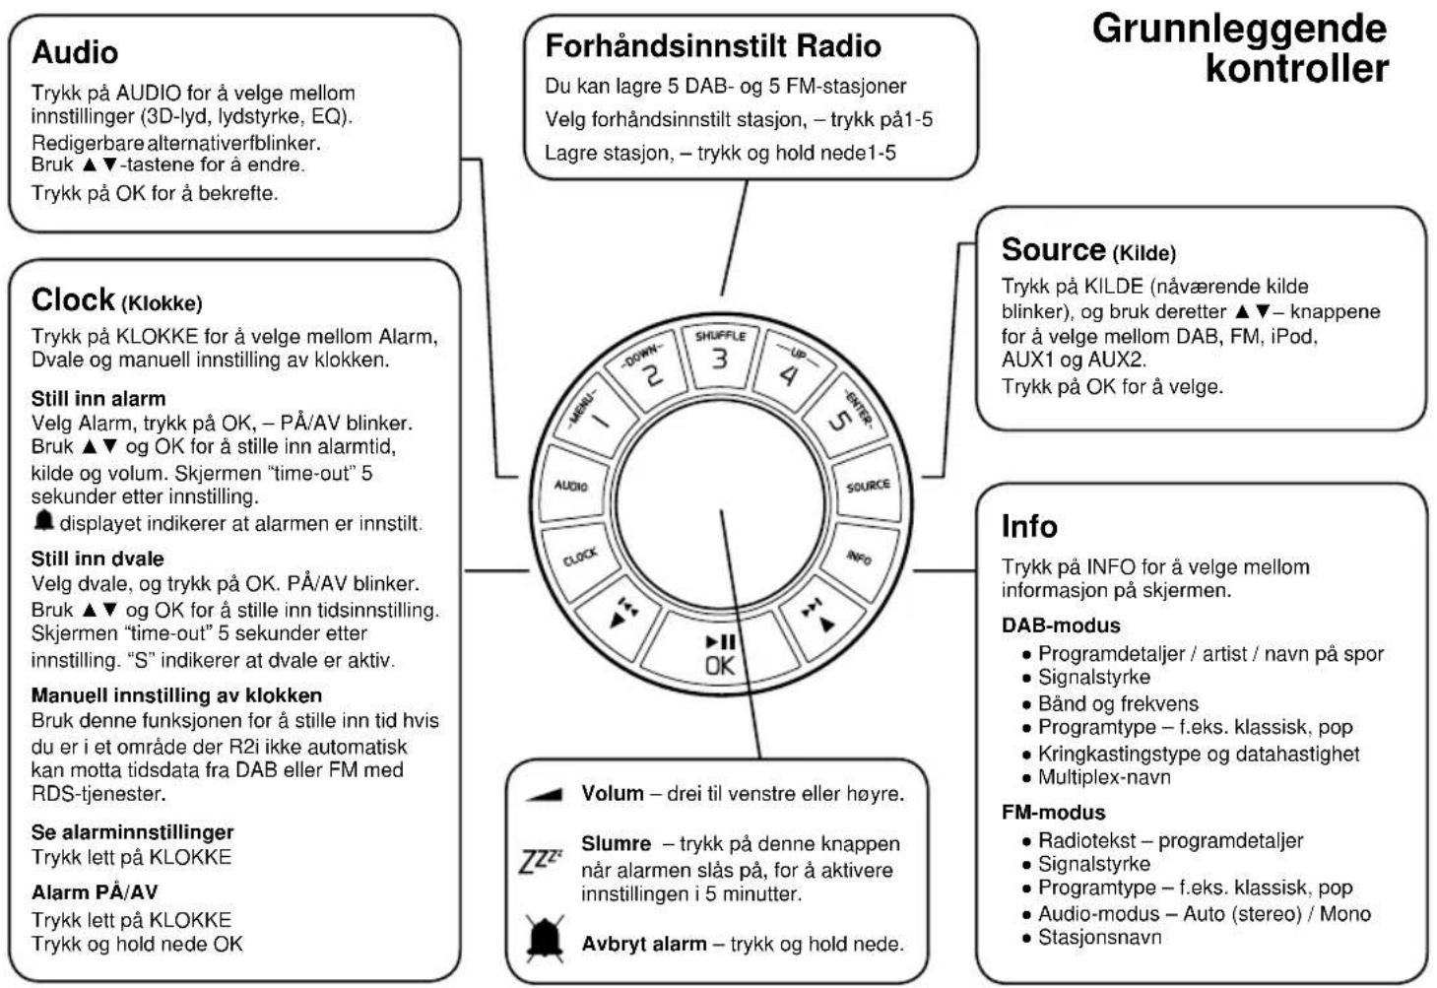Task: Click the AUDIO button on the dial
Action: click(572, 486)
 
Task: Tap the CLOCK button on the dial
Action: click(580, 557)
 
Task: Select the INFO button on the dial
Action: click(859, 558)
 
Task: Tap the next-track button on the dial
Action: click(818, 615)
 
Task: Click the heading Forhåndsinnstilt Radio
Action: click(713, 45)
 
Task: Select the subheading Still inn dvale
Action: click(98, 559)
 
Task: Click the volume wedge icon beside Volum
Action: click(544, 794)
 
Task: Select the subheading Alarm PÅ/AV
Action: click(95, 892)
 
